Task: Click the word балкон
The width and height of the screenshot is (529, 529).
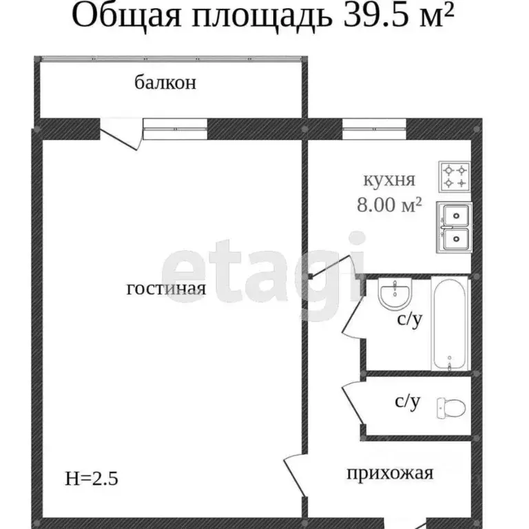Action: [165, 83]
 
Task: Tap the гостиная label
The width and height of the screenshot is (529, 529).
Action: [167, 289]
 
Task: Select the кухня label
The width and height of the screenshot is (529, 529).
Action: [389, 180]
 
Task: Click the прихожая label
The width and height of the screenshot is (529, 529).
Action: [389, 473]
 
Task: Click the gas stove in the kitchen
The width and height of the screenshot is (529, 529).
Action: [455, 176]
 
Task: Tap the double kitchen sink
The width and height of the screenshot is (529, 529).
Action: [455, 227]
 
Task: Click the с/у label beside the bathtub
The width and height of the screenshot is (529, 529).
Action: [408, 320]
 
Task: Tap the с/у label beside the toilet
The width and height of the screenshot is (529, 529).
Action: [406, 402]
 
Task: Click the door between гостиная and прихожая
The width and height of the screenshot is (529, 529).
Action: [295, 473]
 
